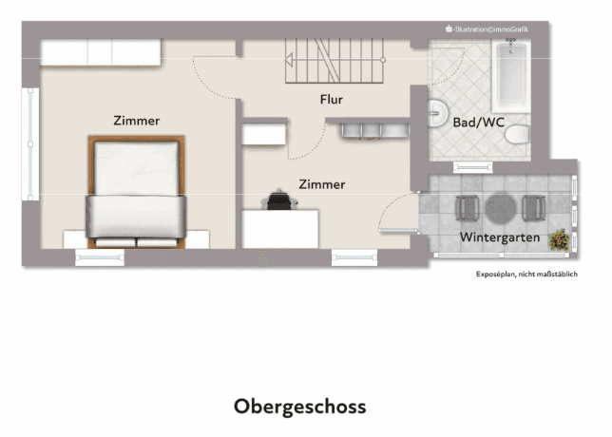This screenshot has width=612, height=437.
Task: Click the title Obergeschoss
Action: click(x=299, y=407)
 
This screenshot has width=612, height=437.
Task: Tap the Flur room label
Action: click(x=331, y=99)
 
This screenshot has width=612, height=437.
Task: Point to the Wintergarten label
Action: click(x=500, y=237)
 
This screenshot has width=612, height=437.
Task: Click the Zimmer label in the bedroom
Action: click(x=136, y=121)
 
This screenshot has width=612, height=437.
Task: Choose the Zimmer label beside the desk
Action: click(x=321, y=184)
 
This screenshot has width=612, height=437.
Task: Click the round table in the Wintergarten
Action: click(x=500, y=206)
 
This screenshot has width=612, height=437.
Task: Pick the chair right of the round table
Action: click(x=531, y=206)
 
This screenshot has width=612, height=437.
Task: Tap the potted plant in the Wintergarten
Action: click(x=560, y=240)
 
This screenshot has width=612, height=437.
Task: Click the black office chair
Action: click(x=279, y=199)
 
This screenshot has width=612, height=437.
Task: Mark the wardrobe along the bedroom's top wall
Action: click(x=99, y=51)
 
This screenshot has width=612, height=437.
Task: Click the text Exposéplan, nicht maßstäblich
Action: click(x=526, y=275)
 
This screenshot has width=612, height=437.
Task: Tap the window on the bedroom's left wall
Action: click(x=29, y=142)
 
